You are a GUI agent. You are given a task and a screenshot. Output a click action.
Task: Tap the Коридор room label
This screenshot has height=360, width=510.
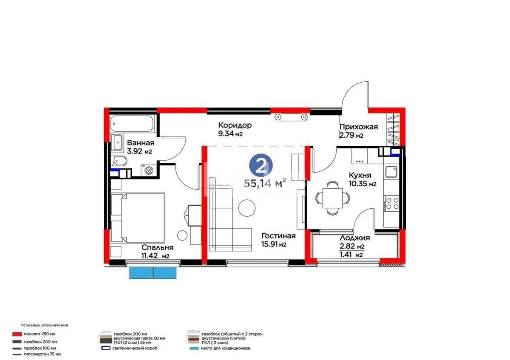point(235,125)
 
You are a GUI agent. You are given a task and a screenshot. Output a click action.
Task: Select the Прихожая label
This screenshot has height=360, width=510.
point(358,127)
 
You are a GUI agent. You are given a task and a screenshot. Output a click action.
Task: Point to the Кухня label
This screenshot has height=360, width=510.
point(360,175)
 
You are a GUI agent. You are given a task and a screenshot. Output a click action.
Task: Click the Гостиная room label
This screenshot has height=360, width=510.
point(278,236)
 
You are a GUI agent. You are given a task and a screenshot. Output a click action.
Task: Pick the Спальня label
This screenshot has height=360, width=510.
point(157,247)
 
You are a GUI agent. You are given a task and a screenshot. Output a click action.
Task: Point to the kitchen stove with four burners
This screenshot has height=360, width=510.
point(391,203)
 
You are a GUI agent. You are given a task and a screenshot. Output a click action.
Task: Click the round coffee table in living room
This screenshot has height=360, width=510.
point(246,207)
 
